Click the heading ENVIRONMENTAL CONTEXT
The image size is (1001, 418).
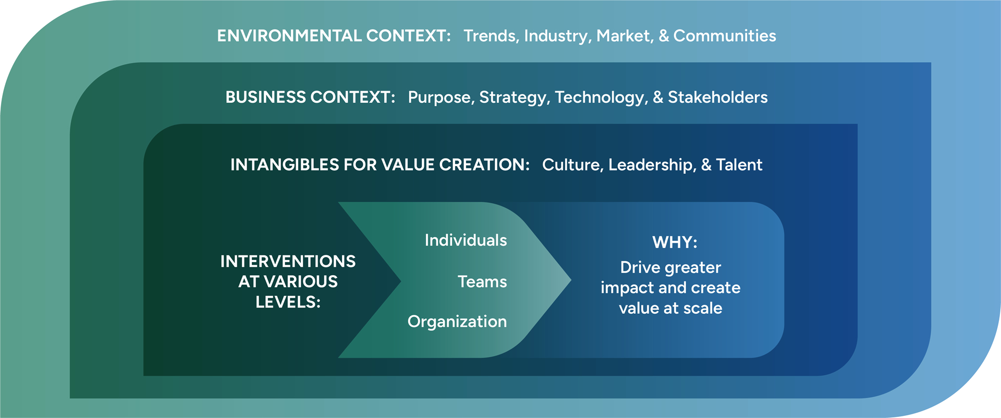click(x=334, y=35)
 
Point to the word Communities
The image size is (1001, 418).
click(x=725, y=35)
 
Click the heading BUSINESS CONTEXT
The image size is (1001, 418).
click(x=310, y=97)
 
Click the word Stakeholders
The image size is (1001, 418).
click(x=717, y=97)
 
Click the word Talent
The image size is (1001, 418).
click(x=739, y=165)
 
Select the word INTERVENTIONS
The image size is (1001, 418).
click(x=288, y=261)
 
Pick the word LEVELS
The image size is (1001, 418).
click(x=288, y=302)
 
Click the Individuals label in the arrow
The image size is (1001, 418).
click(x=466, y=240)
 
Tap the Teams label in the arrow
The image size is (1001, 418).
click(x=482, y=281)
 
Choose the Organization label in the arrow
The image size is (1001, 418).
click(x=457, y=322)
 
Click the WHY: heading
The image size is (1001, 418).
click(x=675, y=242)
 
